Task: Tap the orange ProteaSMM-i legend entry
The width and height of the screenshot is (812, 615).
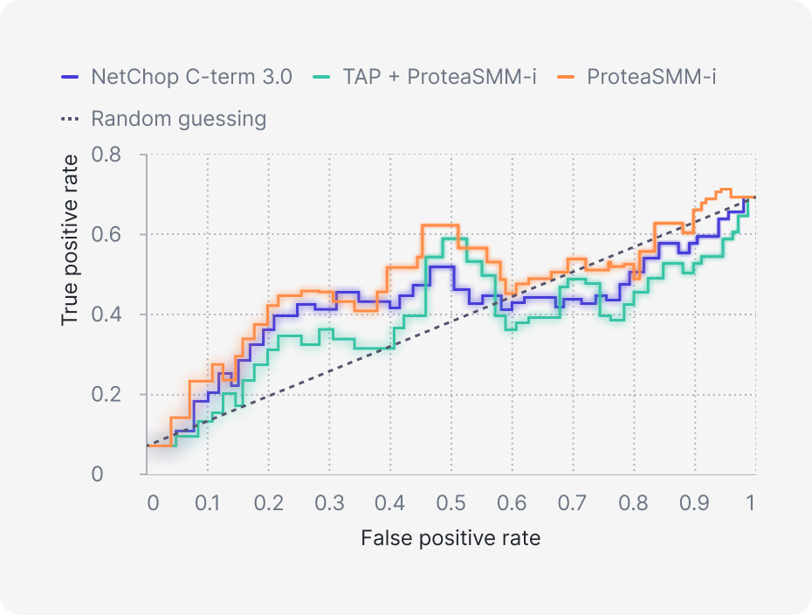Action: tap(651, 76)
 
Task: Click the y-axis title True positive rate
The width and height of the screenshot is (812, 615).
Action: tap(71, 239)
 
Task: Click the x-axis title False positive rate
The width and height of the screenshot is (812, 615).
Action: tap(451, 538)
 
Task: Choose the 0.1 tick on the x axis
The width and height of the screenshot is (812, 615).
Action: tap(207, 504)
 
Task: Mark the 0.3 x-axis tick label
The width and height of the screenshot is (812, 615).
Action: tap(329, 504)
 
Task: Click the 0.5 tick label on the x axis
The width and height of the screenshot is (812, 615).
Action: tap(451, 504)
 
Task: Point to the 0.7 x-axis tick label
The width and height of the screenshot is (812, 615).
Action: tap(573, 504)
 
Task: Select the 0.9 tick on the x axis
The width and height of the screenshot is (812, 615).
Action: tap(694, 504)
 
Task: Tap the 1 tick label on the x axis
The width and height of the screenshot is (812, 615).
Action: tap(750, 504)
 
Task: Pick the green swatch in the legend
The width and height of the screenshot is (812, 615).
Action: tap(323, 77)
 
